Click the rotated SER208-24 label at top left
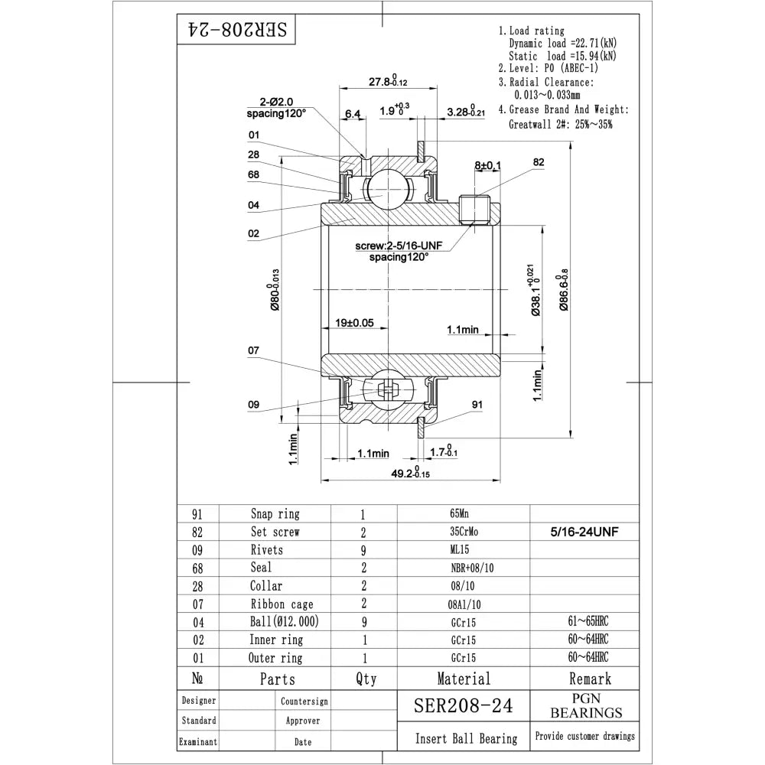[237, 31]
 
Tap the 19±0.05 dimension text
[354, 323]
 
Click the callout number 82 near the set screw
[539, 163]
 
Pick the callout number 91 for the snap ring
[477, 405]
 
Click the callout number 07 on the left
[254, 351]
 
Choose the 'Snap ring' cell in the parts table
[275, 514]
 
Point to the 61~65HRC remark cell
[584, 622]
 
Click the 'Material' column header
[464, 678]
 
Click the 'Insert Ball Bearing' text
[466, 738]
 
